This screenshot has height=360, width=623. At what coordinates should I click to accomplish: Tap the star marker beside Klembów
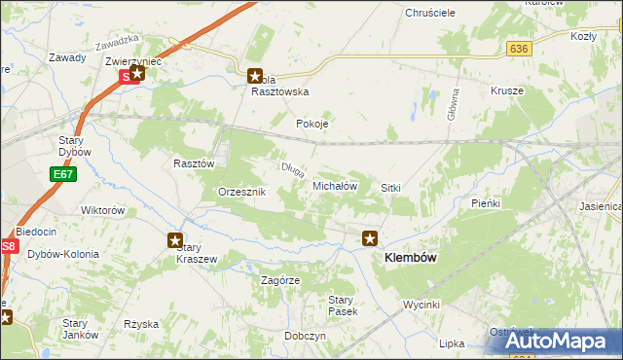click(370, 237)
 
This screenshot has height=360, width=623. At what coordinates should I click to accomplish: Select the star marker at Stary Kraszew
click(175, 240)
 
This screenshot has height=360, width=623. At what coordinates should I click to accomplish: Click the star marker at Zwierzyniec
click(138, 72)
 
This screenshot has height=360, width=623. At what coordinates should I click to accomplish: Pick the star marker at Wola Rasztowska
click(255, 74)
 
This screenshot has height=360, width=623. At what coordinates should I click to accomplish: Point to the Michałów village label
click(335, 185)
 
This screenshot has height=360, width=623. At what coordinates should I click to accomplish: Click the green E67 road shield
click(63, 174)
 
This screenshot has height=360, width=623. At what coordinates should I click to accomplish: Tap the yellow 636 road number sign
click(519, 48)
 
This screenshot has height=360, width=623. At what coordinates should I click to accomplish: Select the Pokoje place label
click(312, 125)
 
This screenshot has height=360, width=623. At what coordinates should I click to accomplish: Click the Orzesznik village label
click(241, 193)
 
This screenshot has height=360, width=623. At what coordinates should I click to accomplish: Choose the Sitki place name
click(391, 187)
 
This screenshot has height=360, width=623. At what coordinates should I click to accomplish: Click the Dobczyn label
click(306, 335)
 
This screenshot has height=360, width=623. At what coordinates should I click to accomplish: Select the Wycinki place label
click(422, 305)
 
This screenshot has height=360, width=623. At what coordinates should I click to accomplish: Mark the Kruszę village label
click(507, 90)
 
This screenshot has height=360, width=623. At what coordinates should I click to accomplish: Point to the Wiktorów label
click(103, 210)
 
